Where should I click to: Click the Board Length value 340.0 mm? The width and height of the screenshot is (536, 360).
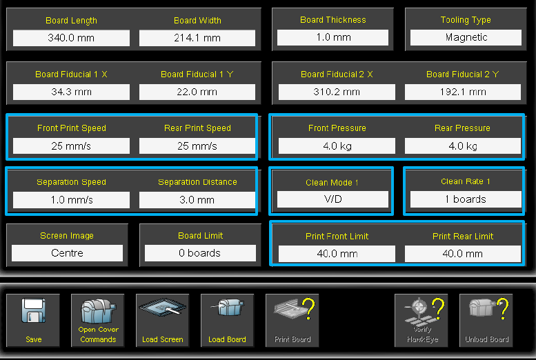pyautogui.click(x=71, y=38)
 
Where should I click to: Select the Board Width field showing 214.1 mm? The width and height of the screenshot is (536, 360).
pyautogui.click(x=197, y=38)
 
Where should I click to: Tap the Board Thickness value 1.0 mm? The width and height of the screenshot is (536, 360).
pyautogui.click(x=333, y=37)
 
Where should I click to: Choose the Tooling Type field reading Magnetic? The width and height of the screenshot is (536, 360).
pyautogui.click(x=466, y=37)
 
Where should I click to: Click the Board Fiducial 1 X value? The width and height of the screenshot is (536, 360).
pyautogui.click(x=71, y=92)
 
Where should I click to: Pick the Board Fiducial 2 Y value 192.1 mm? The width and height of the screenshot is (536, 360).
pyautogui.click(x=462, y=92)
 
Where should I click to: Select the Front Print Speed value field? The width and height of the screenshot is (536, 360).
pyautogui.click(x=71, y=146)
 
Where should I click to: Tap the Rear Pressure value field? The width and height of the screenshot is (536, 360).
pyautogui.click(x=462, y=146)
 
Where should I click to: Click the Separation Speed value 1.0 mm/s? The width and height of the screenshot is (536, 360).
pyautogui.click(x=71, y=200)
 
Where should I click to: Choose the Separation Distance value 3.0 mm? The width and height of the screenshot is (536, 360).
pyautogui.click(x=197, y=200)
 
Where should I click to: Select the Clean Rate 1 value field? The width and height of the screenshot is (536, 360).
pyautogui.click(x=465, y=199)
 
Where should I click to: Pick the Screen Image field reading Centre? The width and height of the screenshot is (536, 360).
pyautogui.click(x=67, y=253)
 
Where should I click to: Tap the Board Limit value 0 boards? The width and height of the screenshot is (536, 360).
pyautogui.click(x=200, y=253)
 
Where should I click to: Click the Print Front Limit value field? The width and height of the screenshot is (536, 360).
pyautogui.click(x=337, y=253)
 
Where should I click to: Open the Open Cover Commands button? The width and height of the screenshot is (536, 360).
pyautogui.click(x=98, y=320)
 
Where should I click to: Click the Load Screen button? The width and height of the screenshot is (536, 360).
pyautogui.click(x=163, y=320)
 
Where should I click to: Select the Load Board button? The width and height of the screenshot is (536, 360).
pyautogui.click(x=227, y=320)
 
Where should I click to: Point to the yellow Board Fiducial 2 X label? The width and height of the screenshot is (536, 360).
pyautogui.click(x=337, y=74)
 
